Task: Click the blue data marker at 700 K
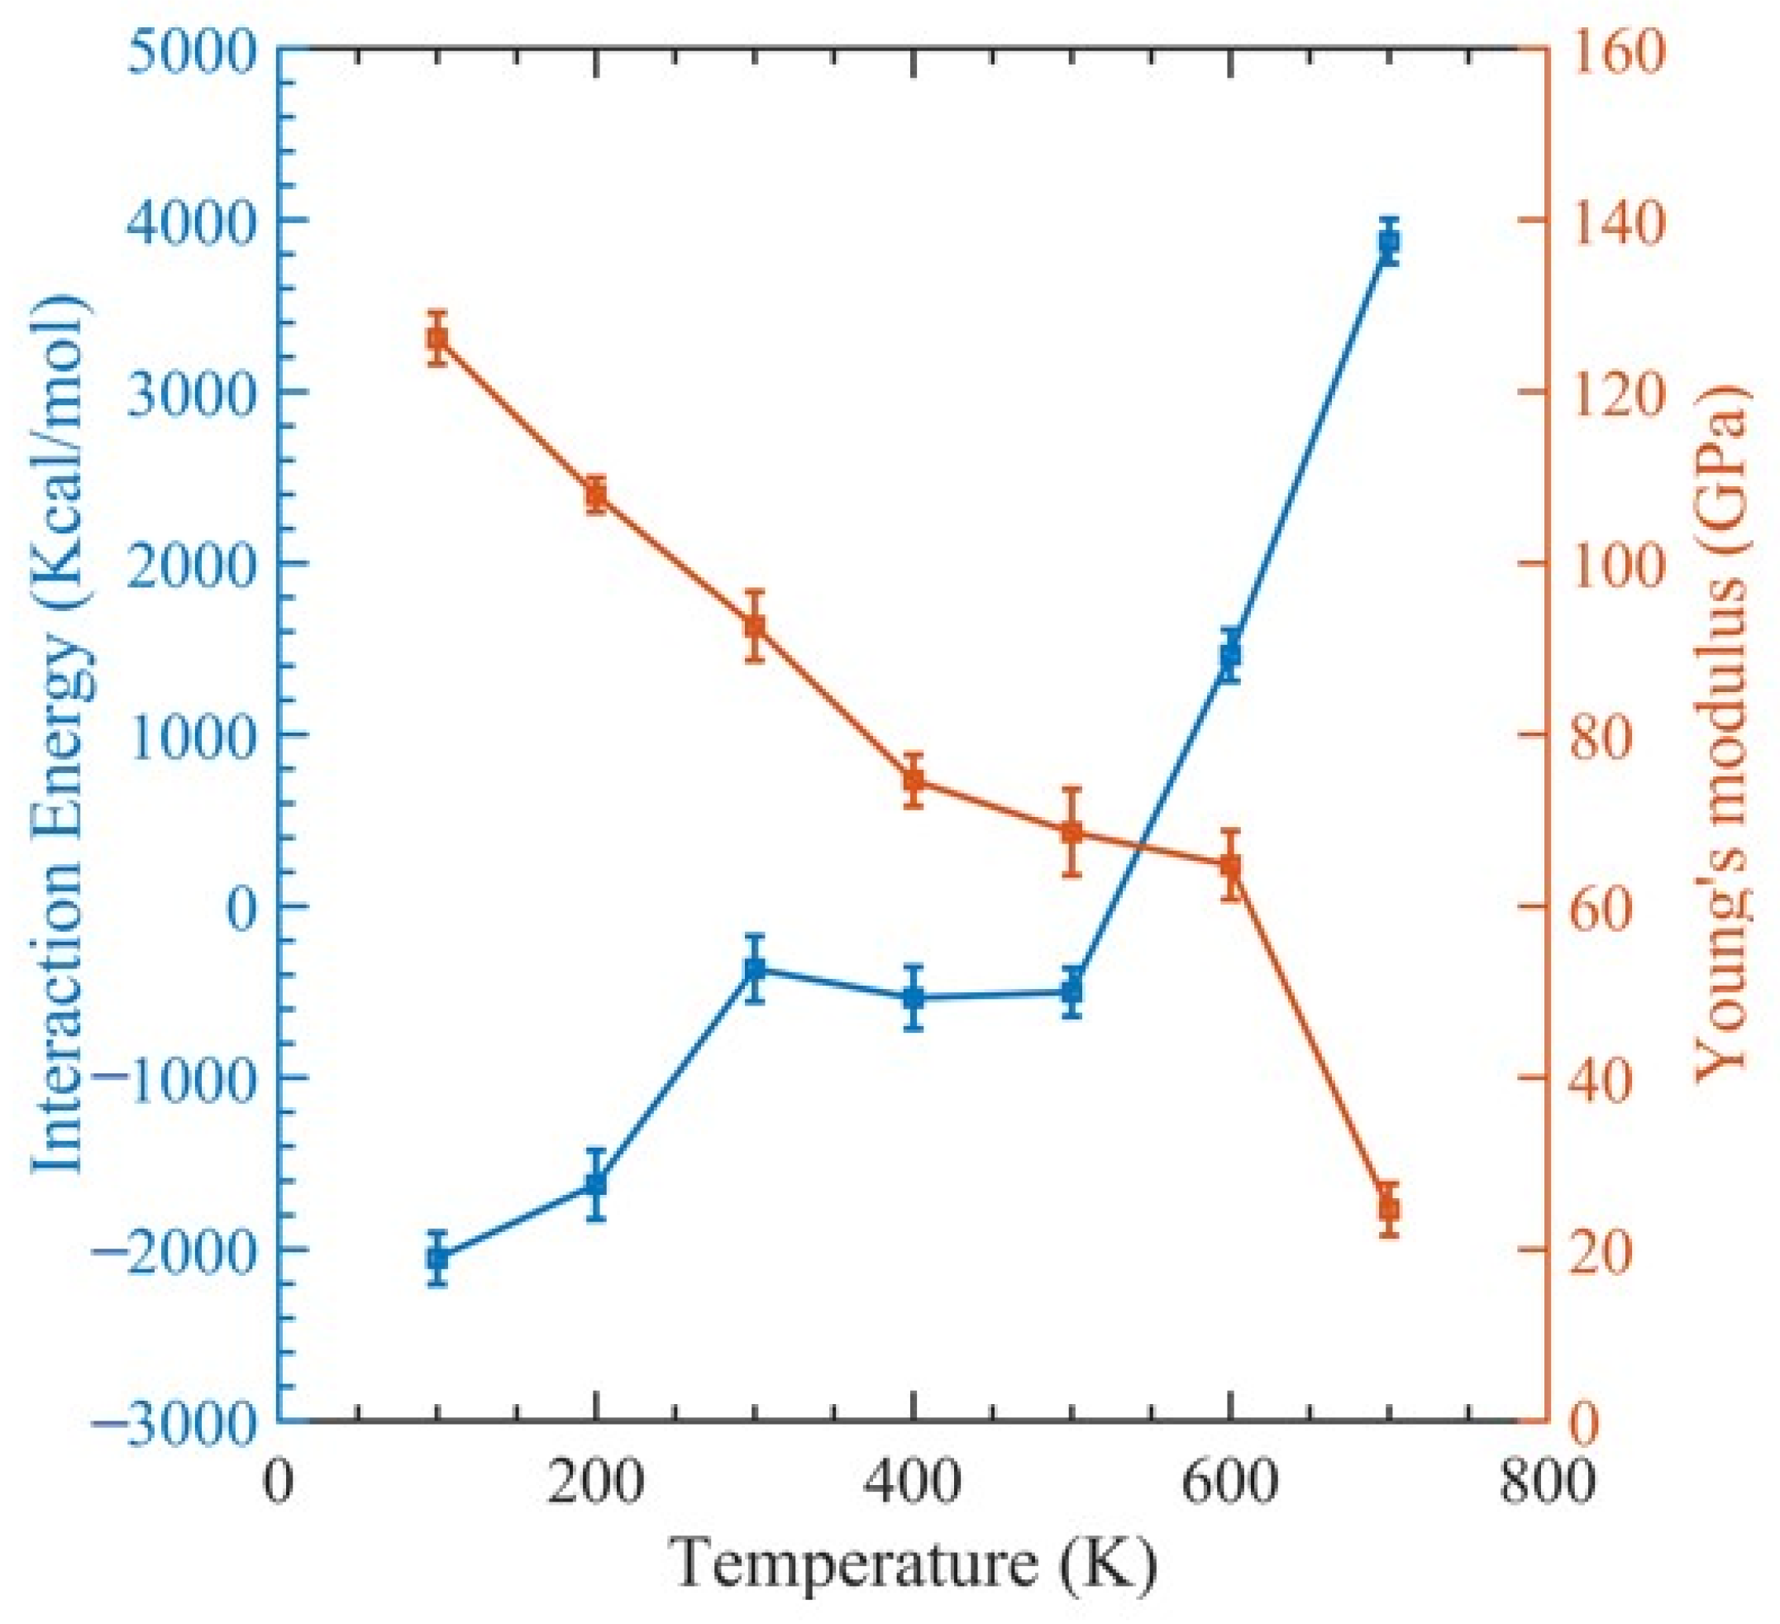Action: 1389,243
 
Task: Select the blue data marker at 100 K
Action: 438,1258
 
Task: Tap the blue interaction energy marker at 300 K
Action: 754,969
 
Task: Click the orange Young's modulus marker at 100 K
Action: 437,338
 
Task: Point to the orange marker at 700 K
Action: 1389,1207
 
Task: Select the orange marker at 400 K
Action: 914,780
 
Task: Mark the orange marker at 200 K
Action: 596,495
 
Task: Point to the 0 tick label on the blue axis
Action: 240,908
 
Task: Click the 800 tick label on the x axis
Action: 1548,1483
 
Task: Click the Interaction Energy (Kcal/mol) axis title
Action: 62,733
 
